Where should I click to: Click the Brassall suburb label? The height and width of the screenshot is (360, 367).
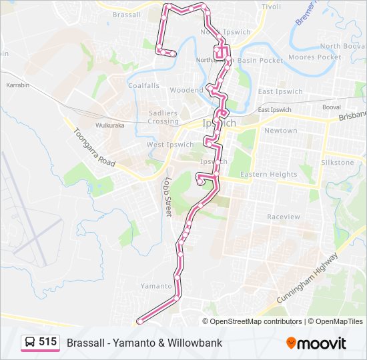[126, 15]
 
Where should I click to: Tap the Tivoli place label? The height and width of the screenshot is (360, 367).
[272, 6]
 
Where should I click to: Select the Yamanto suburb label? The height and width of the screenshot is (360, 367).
[156, 286]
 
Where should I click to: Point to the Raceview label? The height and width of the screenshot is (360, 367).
[284, 217]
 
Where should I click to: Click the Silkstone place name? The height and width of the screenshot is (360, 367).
[338, 163]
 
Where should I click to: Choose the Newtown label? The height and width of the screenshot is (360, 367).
[280, 131]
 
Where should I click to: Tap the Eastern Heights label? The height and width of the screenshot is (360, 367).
[268, 175]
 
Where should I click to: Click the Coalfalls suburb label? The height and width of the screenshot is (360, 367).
[144, 86]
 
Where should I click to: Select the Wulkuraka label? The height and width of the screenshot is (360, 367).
[110, 125]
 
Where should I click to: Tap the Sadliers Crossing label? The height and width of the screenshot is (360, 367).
[163, 117]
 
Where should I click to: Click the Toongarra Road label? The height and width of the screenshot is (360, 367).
[94, 147]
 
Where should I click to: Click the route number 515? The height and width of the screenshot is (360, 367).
[47, 342]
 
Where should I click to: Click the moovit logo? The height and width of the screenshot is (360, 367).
[316, 343]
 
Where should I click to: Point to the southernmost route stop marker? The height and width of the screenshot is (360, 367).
[140, 321]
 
